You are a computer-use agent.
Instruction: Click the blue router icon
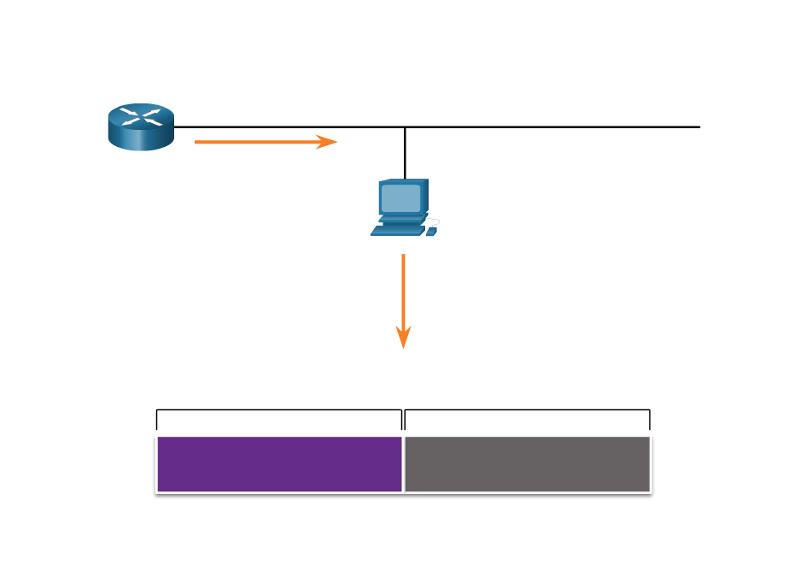(141, 126)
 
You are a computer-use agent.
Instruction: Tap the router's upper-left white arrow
(129, 112)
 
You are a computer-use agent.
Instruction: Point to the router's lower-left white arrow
(128, 122)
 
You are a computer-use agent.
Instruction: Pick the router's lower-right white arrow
(154, 122)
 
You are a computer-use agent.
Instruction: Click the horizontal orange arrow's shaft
(256, 142)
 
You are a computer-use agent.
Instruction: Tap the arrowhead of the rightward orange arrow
(328, 142)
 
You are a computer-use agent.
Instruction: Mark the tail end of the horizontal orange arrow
(197, 142)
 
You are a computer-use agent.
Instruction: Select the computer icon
(404, 207)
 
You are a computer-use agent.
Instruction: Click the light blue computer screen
(401, 198)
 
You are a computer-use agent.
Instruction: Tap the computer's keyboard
(398, 230)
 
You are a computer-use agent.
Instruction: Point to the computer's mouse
(431, 231)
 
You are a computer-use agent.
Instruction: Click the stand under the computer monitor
(401, 220)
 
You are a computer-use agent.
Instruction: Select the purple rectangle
(279, 464)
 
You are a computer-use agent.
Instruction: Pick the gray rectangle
(527, 464)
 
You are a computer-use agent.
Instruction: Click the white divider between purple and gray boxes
(403, 464)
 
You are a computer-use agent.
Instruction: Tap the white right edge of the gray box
(651, 464)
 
